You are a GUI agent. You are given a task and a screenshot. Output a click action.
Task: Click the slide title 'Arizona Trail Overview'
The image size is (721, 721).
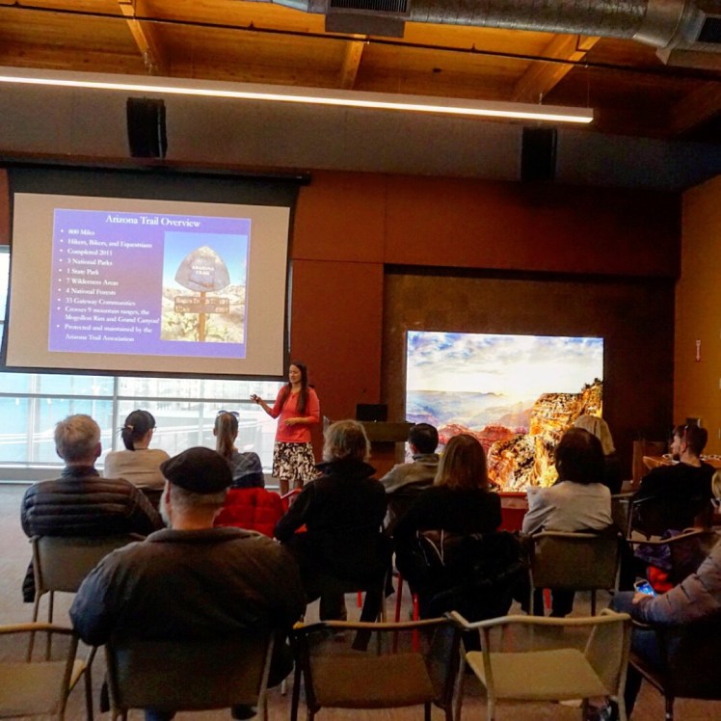(x=152, y=222)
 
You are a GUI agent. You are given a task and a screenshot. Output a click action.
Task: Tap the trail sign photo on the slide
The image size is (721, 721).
(x=202, y=287)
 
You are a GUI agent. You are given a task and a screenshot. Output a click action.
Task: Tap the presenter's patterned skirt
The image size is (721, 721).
(x=293, y=461)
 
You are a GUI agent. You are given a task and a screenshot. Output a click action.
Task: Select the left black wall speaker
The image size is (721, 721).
(x=146, y=127)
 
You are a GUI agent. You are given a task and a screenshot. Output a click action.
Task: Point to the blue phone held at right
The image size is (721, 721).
(x=643, y=586)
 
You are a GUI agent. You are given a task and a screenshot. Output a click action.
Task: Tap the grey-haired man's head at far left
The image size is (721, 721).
(x=78, y=439)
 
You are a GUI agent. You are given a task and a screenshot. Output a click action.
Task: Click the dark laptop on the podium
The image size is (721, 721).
(x=371, y=413)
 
